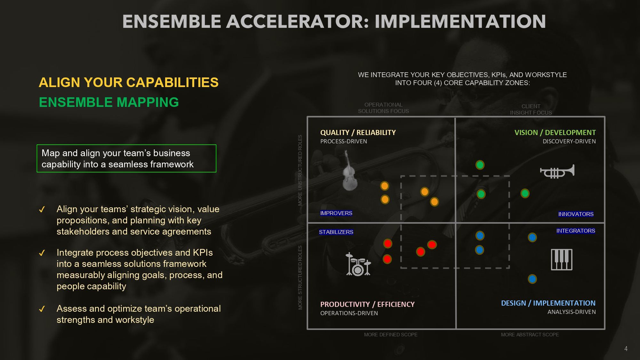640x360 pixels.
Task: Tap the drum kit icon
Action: point(358,264)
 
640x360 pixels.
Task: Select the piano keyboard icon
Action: point(562,260)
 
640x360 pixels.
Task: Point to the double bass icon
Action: point(349,171)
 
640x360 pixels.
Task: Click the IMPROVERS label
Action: point(336,213)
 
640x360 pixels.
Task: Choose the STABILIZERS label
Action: point(336,232)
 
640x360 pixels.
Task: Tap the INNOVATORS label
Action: point(576,214)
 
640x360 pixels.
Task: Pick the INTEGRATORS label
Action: point(576,231)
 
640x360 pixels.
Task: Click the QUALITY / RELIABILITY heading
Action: point(358,132)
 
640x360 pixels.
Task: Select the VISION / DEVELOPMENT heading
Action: point(555,132)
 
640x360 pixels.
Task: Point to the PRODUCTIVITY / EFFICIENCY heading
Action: point(367,304)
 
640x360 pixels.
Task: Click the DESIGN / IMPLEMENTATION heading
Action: point(548,303)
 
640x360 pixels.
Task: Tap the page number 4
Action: point(626,348)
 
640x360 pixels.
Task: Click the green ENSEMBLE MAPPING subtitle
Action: point(109,102)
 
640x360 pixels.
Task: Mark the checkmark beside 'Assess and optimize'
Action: point(42,309)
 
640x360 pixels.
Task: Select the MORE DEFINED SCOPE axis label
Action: point(391,335)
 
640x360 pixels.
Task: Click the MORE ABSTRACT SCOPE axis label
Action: point(530,335)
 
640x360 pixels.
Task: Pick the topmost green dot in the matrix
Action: point(480,165)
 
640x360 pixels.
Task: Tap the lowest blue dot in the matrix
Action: point(532,279)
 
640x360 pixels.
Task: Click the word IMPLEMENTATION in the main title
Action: point(460,21)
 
